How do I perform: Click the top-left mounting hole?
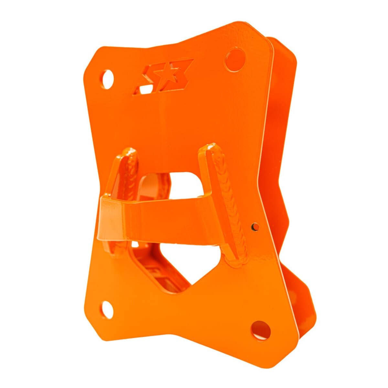(108, 78)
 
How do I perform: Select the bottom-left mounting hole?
(108, 310)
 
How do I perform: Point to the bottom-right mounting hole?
(261, 330)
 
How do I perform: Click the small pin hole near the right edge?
(255, 227)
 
